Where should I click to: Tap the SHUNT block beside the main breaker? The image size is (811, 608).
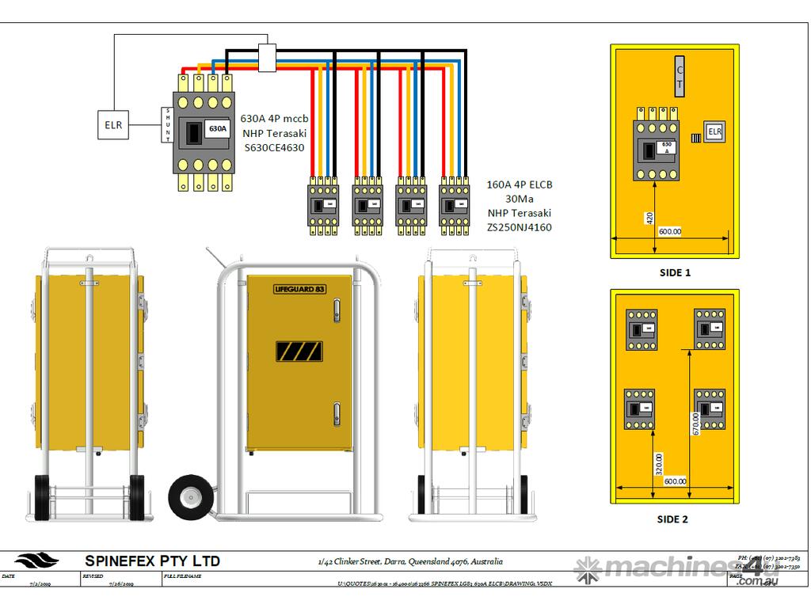(167, 124)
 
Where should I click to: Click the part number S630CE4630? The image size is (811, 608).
(274, 147)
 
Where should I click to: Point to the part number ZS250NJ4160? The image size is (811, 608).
(520, 227)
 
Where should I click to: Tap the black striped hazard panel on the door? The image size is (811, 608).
(299, 351)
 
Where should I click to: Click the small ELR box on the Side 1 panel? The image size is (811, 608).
(714, 131)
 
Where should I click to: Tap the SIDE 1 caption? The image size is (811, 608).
(675, 272)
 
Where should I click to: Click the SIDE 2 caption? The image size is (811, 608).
(673, 519)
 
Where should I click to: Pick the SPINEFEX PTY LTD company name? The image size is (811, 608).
(152, 560)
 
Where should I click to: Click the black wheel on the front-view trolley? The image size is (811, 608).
(191, 496)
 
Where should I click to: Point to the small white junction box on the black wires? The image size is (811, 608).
(267, 58)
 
